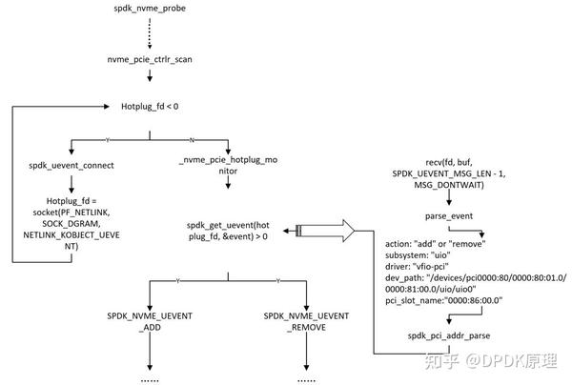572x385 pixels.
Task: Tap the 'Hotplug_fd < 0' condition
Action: [150, 106]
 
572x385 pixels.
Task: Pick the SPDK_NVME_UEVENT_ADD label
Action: [150, 320]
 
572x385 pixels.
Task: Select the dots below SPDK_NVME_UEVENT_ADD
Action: [151, 377]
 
